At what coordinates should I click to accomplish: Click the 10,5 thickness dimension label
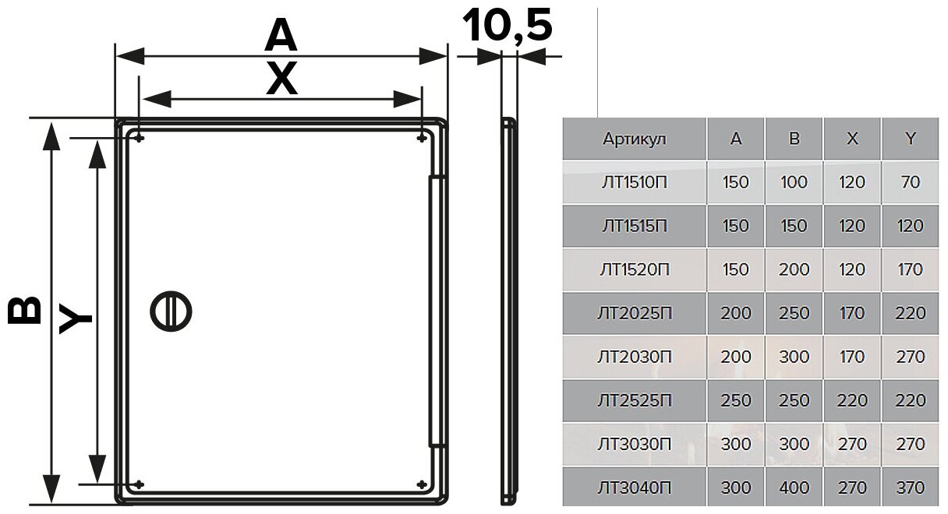(508, 25)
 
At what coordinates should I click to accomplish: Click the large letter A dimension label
(281, 35)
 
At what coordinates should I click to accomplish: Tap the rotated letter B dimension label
(24, 309)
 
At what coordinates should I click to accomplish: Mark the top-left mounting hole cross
(139, 139)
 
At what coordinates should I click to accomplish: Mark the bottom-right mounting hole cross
(422, 484)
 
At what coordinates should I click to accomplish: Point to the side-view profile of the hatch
(508, 310)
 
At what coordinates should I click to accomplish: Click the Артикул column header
(635, 139)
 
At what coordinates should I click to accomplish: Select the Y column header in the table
(910, 139)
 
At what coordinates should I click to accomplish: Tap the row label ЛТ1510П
(635, 183)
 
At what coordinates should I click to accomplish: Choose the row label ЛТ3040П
(635, 488)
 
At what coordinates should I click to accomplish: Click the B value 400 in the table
(794, 488)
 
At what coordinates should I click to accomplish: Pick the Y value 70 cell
(910, 183)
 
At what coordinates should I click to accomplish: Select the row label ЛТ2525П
(635, 401)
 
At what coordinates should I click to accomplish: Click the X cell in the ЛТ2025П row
(852, 314)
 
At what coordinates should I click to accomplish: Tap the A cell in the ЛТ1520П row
(736, 270)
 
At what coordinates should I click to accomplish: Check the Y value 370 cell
(910, 488)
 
